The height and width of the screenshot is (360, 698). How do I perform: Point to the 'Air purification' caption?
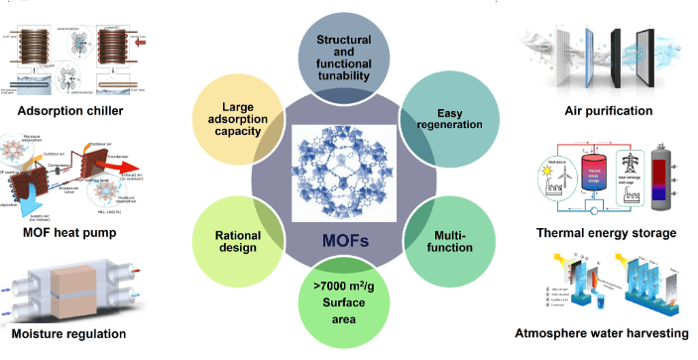pyautogui.click(x=608, y=111)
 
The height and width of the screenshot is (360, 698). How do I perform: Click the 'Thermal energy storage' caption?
pyautogui.click(x=605, y=233)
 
